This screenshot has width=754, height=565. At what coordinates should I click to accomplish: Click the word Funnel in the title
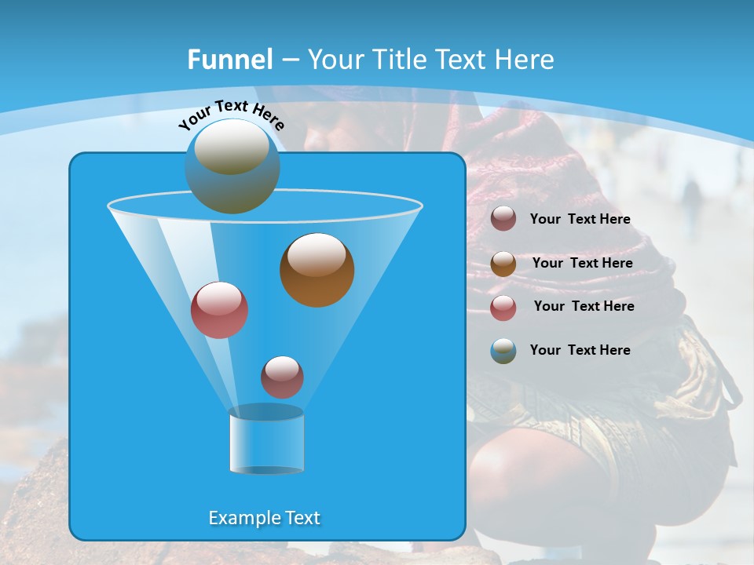point(229,60)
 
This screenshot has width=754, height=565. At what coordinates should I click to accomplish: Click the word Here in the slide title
point(526,60)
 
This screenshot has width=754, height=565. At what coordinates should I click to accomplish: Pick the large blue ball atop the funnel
point(232,166)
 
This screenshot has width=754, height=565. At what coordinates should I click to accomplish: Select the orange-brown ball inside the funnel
point(317,270)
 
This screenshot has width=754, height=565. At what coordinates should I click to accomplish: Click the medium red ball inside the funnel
point(219,310)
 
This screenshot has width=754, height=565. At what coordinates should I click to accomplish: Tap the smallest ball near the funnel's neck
point(282,377)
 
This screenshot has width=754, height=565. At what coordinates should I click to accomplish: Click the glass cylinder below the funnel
point(266,441)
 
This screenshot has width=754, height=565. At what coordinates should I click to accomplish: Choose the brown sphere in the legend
point(503,264)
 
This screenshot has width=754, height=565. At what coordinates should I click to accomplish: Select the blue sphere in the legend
point(503,351)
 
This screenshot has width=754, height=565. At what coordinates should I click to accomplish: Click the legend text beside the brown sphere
point(582,263)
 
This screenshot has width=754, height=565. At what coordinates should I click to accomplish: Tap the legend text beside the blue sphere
point(580,350)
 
